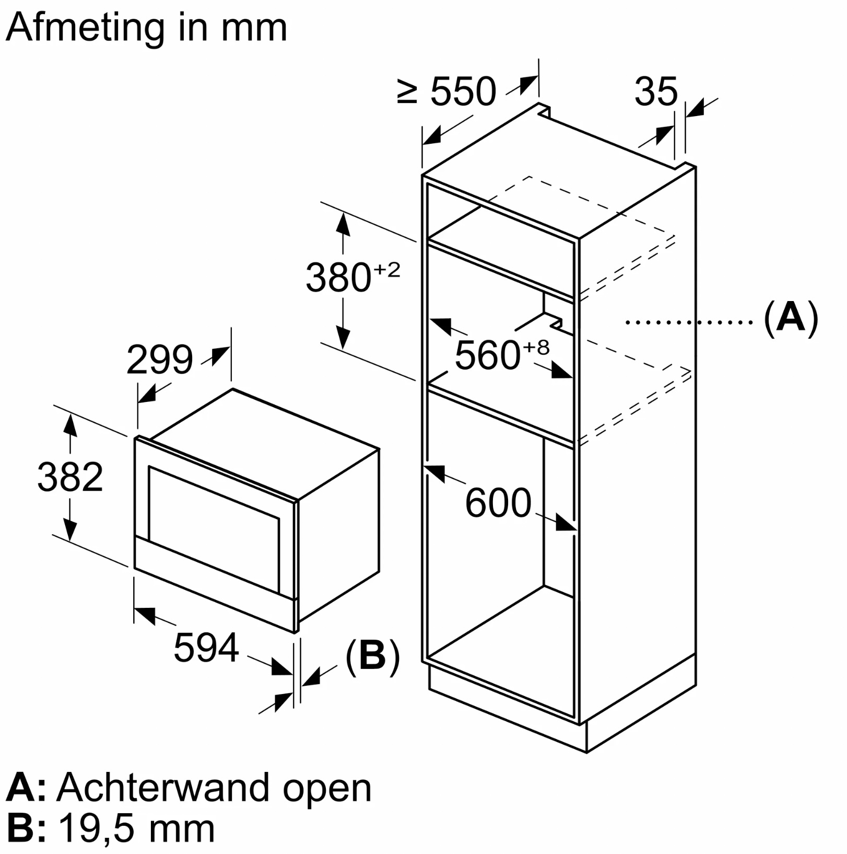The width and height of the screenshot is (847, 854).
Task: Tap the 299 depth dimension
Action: pyautogui.click(x=159, y=360)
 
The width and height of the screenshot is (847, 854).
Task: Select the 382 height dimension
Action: pyautogui.click(x=70, y=477)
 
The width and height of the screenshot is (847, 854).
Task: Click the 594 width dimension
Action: pyautogui.click(x=206, y=648)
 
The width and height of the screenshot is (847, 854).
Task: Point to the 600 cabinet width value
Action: pyautogui.click(x=498, y=503)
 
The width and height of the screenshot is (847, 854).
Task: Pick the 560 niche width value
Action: pyautogui.click(x=487, y=355)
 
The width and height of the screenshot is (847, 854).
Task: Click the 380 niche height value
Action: pyautogui.click(x=338, y=278)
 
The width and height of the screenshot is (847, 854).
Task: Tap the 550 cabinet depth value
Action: pyautogui.click(x=463, y=92)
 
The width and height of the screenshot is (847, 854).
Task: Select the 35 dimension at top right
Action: pyautogui.click(x=656, y=92)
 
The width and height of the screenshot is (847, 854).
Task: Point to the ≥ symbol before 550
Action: pyautogui.click(x=407, y=92)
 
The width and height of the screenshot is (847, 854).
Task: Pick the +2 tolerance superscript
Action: pyautogui.click(x=386, y=270)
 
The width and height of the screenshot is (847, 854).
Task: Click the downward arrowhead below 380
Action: pyautogui.click(x=343, y=338)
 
